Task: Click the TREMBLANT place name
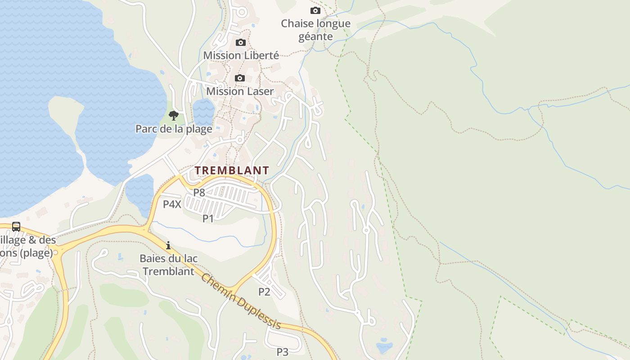232,171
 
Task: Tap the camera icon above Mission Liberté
241,43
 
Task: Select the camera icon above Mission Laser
240,78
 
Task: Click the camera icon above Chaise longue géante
315,10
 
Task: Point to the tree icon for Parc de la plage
174,116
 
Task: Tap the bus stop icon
16,226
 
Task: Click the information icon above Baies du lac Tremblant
168,245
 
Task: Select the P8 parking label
199,193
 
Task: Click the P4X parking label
172,204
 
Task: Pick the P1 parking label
208,219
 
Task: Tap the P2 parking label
264,292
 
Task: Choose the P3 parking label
283,352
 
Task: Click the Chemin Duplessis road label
241,301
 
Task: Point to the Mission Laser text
240,91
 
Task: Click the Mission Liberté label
241,55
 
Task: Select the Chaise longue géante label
315,30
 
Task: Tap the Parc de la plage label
174,129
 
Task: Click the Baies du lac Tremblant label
168,265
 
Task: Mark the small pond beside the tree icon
203,111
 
